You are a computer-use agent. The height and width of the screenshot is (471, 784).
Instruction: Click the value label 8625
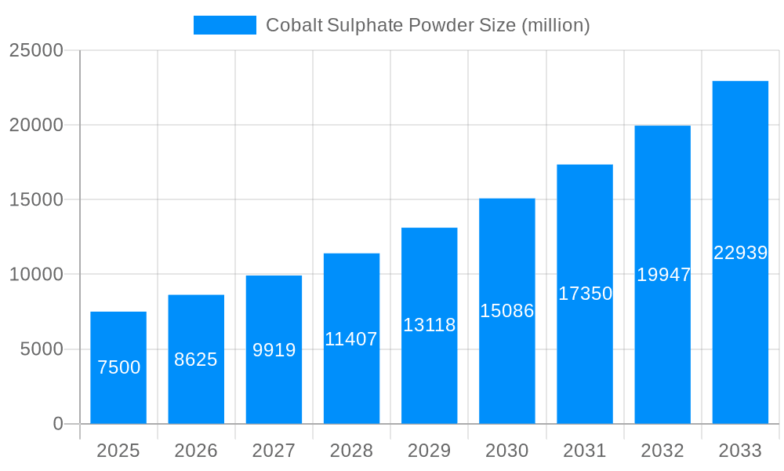196,360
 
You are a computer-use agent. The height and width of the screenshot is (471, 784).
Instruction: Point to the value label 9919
274,350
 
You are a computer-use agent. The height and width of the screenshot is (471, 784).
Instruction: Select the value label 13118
430,325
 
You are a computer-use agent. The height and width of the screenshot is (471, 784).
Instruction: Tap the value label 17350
585,294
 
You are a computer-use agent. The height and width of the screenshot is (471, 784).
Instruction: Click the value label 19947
663,275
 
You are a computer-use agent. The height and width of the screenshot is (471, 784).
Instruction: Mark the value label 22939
740,253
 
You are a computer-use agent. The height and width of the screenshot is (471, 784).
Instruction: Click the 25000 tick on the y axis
36,50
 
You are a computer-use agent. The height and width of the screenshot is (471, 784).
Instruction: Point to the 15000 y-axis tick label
36,199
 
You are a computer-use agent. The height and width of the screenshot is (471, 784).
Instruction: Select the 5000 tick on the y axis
42,349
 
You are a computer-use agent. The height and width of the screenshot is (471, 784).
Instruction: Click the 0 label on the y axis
58,424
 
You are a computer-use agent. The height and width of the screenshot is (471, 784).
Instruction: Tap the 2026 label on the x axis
196,451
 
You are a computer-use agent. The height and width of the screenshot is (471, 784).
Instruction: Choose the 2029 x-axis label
430,451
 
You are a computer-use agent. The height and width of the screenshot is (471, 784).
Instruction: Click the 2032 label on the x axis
662,451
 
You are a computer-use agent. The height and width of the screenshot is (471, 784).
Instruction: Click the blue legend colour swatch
225,25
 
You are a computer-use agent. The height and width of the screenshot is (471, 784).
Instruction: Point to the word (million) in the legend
556,25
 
